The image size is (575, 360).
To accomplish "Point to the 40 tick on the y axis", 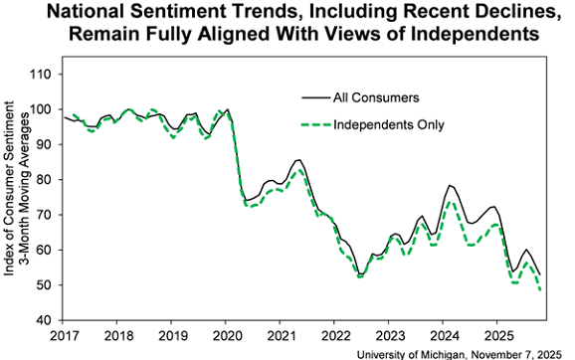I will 44,320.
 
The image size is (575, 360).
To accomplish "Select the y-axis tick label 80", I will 44,180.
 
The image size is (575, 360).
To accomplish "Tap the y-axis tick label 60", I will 44,250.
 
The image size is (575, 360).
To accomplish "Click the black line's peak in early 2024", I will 451,185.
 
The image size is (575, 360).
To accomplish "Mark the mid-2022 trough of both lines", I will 361,274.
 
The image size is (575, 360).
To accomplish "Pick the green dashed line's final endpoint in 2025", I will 541,290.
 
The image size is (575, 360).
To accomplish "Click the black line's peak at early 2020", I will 228,109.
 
